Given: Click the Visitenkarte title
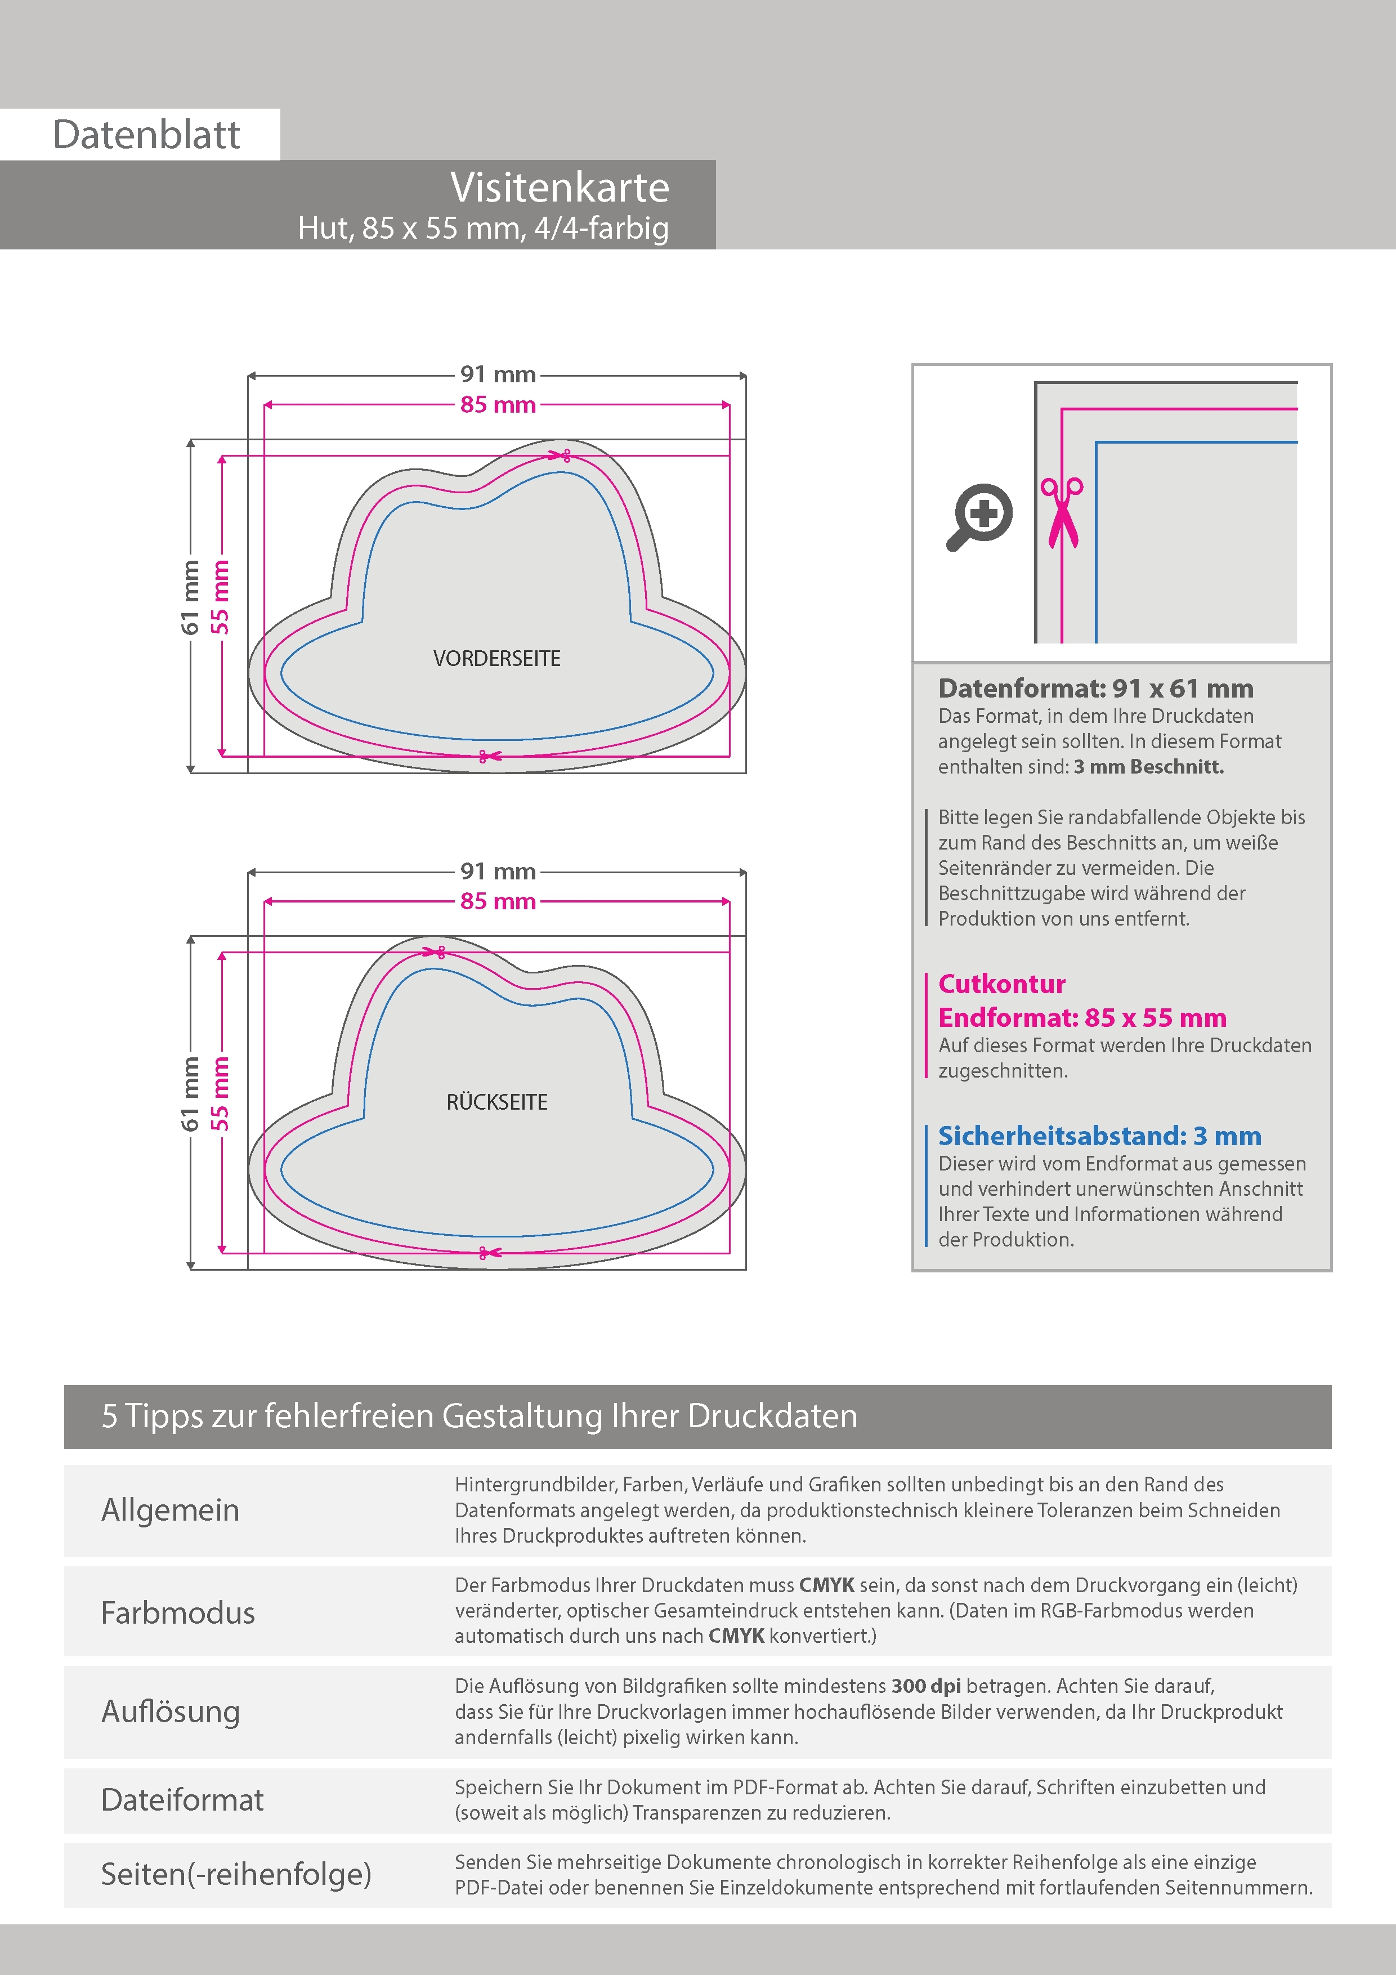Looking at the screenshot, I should tap(559, 187).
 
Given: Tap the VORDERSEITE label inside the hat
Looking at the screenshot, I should tap(496, 659).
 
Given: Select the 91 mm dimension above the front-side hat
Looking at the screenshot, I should tap(497, 374).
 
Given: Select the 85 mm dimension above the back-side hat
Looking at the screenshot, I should tap(497, 901).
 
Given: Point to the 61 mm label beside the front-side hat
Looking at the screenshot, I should tap(190, 597).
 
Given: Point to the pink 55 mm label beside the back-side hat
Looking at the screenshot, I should tap(221, 1093).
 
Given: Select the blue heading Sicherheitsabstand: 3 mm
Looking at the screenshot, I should tap(1099, 1136).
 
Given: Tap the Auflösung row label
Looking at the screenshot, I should tap(171, 1711).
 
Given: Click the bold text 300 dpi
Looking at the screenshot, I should tap(925, 1686).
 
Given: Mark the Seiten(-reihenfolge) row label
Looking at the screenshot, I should tap(236, 1874).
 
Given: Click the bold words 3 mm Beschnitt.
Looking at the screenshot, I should tap(1148, 766).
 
